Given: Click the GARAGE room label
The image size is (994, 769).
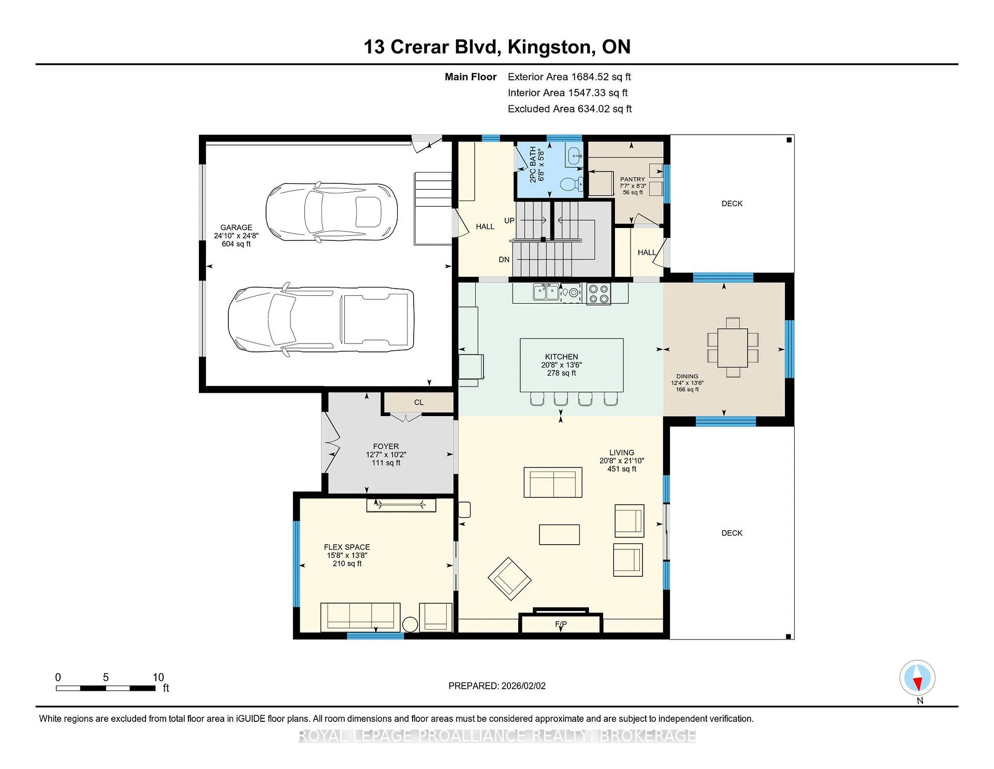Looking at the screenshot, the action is click(236, 227).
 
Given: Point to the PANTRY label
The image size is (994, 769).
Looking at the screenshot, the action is click(633, 179).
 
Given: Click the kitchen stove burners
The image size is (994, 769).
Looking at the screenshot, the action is click(598, 294).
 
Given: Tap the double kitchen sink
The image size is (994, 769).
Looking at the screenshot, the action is click(546, 292).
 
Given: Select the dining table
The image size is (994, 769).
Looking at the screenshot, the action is click(733, 347).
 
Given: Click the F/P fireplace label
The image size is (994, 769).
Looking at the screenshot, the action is click(561, 624).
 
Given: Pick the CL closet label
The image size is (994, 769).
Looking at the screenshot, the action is click(419, 402).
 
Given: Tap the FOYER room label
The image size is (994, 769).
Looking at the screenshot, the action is click(386, 446).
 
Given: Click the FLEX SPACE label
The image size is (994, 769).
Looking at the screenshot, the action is click(347, 547).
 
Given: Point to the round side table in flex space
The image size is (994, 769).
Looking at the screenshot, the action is click(410, 624).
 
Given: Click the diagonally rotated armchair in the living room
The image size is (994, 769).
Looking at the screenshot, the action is click(509, 579).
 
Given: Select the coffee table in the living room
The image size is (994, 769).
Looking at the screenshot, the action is click(559, 534).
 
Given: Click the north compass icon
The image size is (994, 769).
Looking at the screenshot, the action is click(917, 678).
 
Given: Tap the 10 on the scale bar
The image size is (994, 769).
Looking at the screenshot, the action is click(158, 677).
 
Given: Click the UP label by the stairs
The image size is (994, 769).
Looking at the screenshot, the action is click(509, 221).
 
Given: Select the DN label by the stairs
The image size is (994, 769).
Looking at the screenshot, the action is click(504, 260).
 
